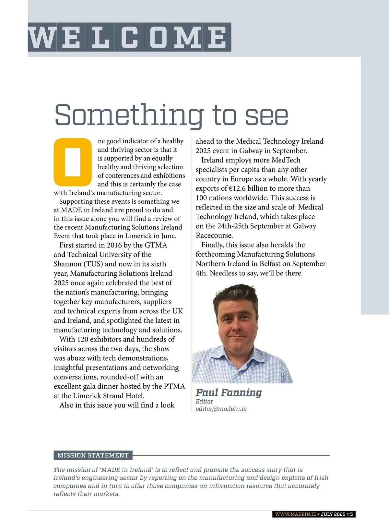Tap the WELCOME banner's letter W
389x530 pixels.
(x=42, y=37)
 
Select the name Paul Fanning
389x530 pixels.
(x=229, y=392)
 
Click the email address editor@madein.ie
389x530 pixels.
(x=221, y=409)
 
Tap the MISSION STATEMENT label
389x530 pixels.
(x=93, y=455)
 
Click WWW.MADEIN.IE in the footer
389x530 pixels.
(x=295, y=514)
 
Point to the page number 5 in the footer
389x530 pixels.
(x=351, y=514)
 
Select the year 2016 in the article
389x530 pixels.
(x=114, y=245)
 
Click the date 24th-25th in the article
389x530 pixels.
(x=236, y=226)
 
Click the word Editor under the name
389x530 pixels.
(x=204, y=402)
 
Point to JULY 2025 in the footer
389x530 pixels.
(x=333, y=514)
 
